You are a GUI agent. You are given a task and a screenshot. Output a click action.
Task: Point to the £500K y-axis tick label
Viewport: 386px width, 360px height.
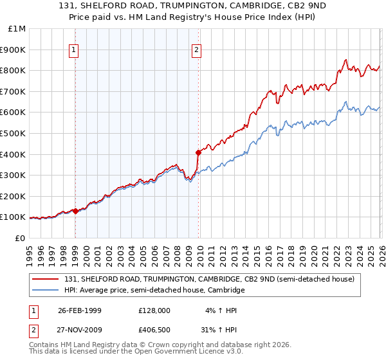tap(13, 134)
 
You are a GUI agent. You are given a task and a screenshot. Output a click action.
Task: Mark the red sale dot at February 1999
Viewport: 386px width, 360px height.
tap(76, 211)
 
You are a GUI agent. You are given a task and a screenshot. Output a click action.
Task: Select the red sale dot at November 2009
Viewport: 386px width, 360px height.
tap(198, 152)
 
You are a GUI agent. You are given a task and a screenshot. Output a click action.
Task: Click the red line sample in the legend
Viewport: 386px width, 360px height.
tap(46, 280)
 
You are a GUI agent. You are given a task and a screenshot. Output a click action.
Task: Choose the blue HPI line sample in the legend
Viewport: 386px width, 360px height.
tap(46, 291)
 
